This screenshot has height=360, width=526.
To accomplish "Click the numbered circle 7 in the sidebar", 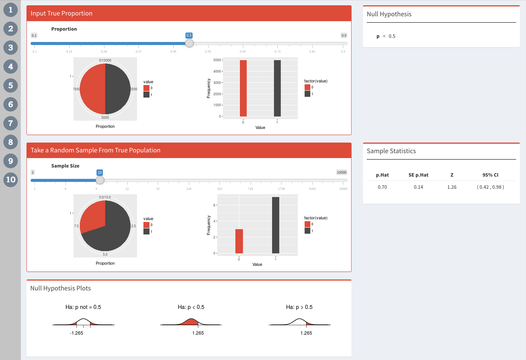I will tap(11, 123).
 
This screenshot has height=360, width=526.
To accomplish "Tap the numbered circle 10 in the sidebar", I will tap(11, 180).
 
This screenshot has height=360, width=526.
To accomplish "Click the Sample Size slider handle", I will tap(100, 180).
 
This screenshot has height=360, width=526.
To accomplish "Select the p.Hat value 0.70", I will tap(382, 187).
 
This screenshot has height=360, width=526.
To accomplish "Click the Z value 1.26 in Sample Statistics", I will tap(452, 187).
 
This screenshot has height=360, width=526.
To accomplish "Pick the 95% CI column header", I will tap(490, 175).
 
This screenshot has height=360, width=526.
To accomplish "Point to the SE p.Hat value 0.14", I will tap(418, 187).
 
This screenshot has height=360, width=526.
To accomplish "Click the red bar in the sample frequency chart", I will tap(239, 241).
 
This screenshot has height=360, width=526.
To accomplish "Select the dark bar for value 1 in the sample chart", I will tap(275, 225).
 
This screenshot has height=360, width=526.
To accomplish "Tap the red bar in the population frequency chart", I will tap(243, 88).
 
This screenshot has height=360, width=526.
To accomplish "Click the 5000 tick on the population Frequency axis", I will tap(217, 60).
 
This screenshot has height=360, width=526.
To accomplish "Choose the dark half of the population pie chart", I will tap(118, 89).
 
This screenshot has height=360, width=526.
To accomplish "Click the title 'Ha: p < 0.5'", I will tap(191, 307).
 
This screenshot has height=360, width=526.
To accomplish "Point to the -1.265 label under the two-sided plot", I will tap(76, 333).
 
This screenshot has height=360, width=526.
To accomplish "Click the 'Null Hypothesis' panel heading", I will tap(389, 14).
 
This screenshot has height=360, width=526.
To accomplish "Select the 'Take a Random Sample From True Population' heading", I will tap(95, 151).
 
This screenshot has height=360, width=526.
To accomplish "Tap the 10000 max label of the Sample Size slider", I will tap(341, 172).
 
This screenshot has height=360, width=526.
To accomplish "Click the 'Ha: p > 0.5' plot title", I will tap(299, 307).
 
